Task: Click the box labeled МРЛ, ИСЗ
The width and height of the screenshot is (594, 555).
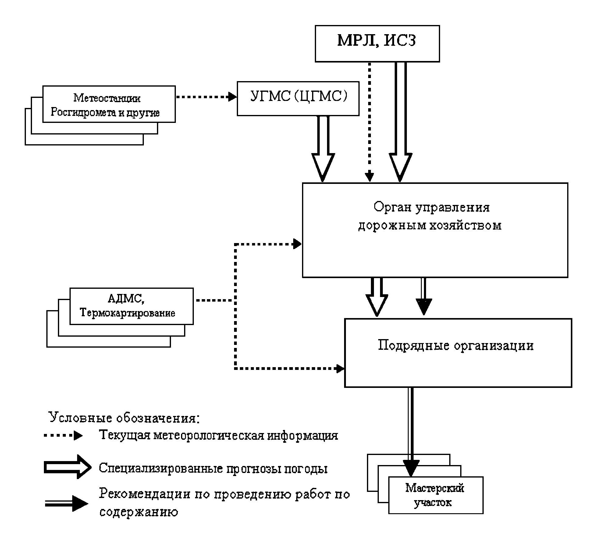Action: [377, 44]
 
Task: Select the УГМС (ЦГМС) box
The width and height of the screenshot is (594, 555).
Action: [298, 98]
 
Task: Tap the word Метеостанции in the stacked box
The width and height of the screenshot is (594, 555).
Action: [107, 98]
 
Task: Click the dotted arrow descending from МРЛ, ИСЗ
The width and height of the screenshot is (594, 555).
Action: [369, 122]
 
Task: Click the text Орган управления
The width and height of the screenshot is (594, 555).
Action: [431, 207]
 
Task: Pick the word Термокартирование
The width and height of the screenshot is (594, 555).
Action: [127, 313]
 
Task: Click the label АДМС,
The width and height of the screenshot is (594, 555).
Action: [126, 299]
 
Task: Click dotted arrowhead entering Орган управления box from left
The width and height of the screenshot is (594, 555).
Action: [297, 244]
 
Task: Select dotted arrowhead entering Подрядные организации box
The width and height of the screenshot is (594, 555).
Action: [340, 368]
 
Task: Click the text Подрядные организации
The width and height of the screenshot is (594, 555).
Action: [455, 346]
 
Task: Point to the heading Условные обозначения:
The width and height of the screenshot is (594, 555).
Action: [124, 417]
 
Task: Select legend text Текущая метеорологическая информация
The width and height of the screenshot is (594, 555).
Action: [218, 435]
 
